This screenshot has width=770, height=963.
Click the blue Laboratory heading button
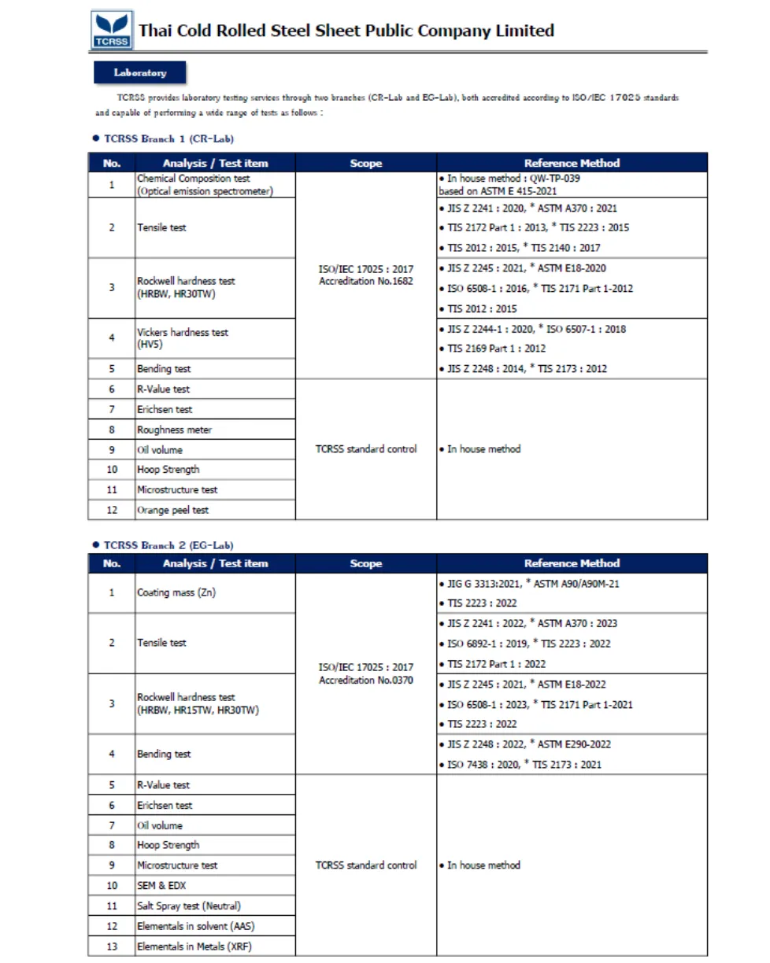pyautogui.click(x=140, y=72)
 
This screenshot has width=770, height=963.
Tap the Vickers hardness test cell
pyautogui.click(x=183, y=338)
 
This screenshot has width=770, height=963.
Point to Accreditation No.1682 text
pyautogui.click(x=365, y=282)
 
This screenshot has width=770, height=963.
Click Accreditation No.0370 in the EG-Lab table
pyautogui.click(x=365, y=679)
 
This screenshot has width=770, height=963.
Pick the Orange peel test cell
pyautogui.click(x=172, y=510)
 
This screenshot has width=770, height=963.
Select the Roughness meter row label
pyautogui.click(x=174, y=430)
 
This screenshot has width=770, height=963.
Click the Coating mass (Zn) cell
pyautogui.click(x=176, y=592)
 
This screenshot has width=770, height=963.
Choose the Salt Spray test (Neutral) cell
pyautogui.click(x=189, y=906)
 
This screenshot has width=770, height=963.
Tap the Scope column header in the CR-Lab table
pyautogui.click(x=365, y=164)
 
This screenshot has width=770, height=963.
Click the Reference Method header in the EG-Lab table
pyautogui.click(x=572, y=563)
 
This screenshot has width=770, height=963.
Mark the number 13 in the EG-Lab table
pyautogui.click(x=112, y=946)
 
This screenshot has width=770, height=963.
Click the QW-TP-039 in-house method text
pyautogui.click(x=544, y=179)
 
